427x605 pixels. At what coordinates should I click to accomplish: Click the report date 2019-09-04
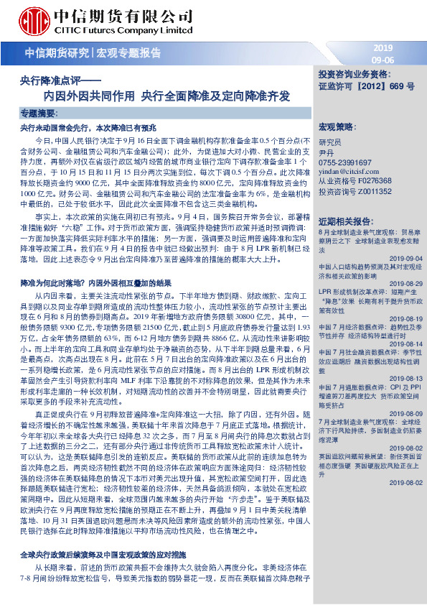(x=405, y=257)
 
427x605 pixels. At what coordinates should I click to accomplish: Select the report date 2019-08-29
(x=405, y=283)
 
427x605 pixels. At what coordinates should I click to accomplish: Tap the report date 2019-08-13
(x=405, y=377)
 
